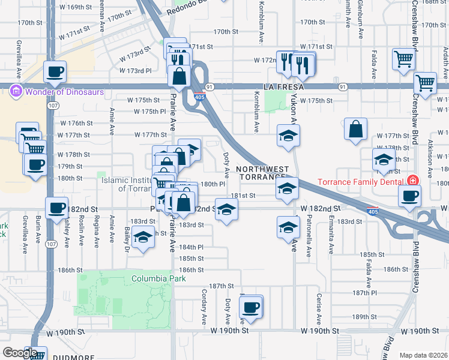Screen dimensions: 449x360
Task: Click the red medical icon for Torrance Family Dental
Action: point(412,180)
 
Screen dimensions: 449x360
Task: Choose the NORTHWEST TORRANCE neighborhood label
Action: point(262,173)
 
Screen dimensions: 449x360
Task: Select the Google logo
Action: point(19,353)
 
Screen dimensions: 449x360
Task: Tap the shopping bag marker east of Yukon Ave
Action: point(356,129)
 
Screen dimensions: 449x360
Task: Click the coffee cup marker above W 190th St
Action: point(251,308)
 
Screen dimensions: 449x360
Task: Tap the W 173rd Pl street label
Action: point(136,71)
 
